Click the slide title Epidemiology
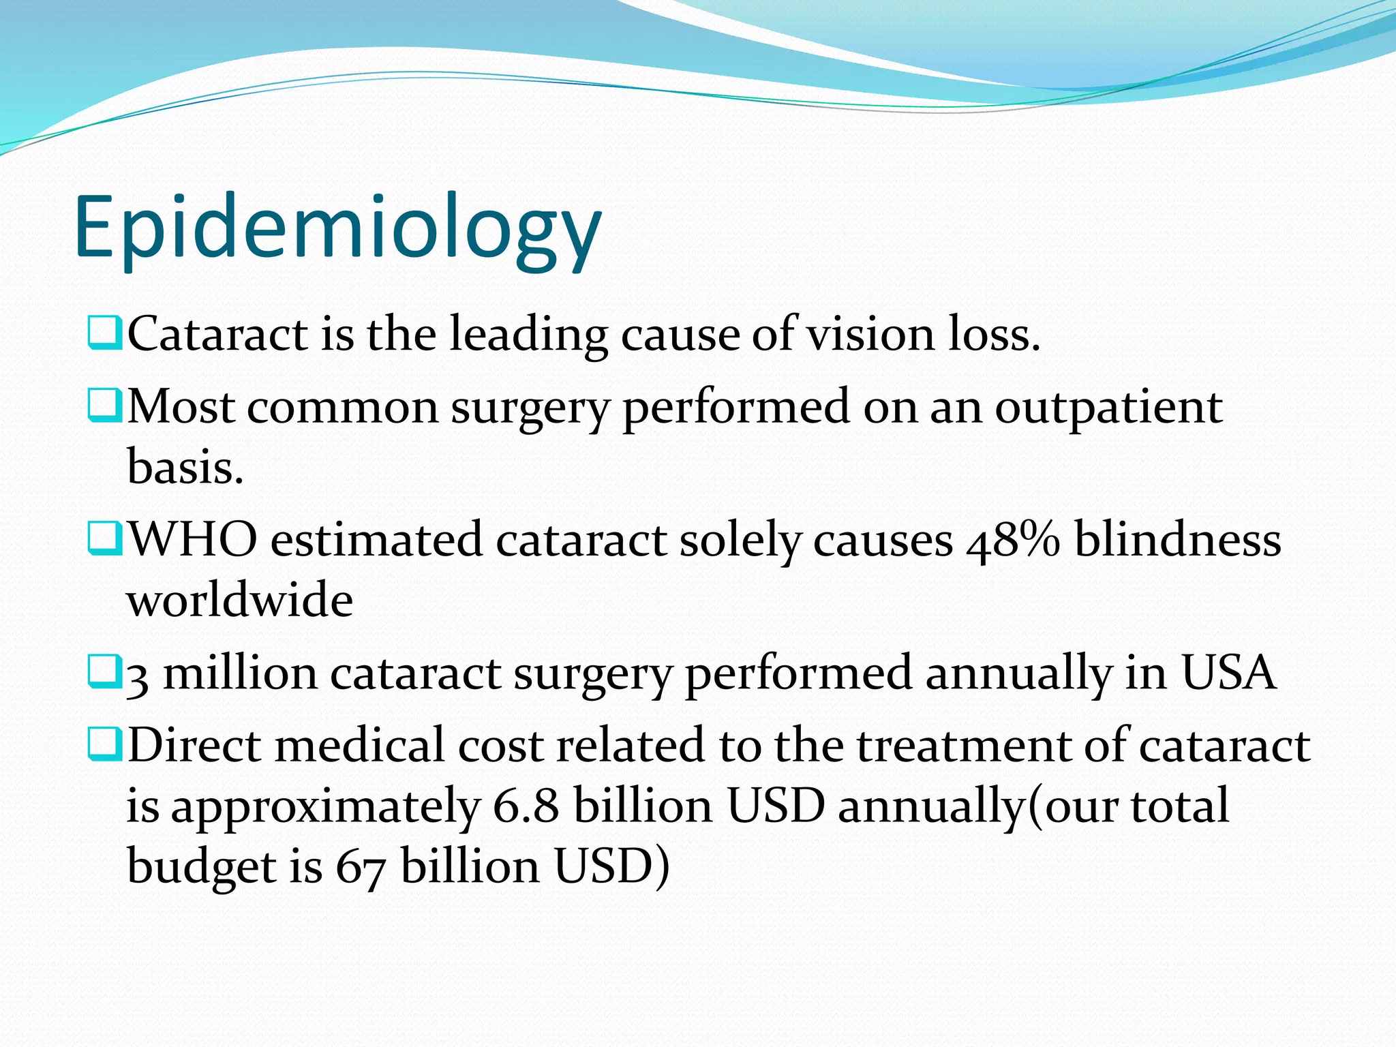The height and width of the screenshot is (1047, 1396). pos(337,228)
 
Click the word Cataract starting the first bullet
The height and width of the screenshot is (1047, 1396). pos(217,334)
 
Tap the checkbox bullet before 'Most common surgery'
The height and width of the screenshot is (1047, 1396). pos(104,405)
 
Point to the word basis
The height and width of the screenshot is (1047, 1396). pos(185,468)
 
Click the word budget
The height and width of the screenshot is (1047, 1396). pos(202,868)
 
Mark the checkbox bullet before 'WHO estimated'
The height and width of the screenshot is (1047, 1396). pos(104,538)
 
